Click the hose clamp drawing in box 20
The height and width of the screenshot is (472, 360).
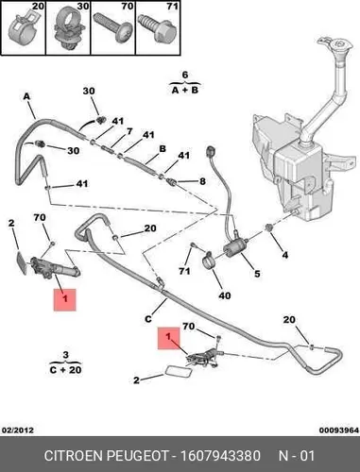23,27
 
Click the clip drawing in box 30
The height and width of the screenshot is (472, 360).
68,30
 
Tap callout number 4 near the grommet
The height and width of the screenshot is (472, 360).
284,255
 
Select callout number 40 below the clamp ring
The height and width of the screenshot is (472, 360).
225,295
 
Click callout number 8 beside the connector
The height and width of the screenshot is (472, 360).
202,181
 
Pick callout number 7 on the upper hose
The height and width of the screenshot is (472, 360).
129,131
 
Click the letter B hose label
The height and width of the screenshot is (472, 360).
163,148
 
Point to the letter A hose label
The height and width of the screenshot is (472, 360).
26,96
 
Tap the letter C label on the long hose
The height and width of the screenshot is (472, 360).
148,319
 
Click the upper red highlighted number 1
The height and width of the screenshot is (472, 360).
65,299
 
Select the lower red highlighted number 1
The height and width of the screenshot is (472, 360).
169,338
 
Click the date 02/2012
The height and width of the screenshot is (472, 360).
18,430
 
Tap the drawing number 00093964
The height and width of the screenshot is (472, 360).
339,430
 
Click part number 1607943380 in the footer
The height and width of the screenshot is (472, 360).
220,456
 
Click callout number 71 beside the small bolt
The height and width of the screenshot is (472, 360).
185,271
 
